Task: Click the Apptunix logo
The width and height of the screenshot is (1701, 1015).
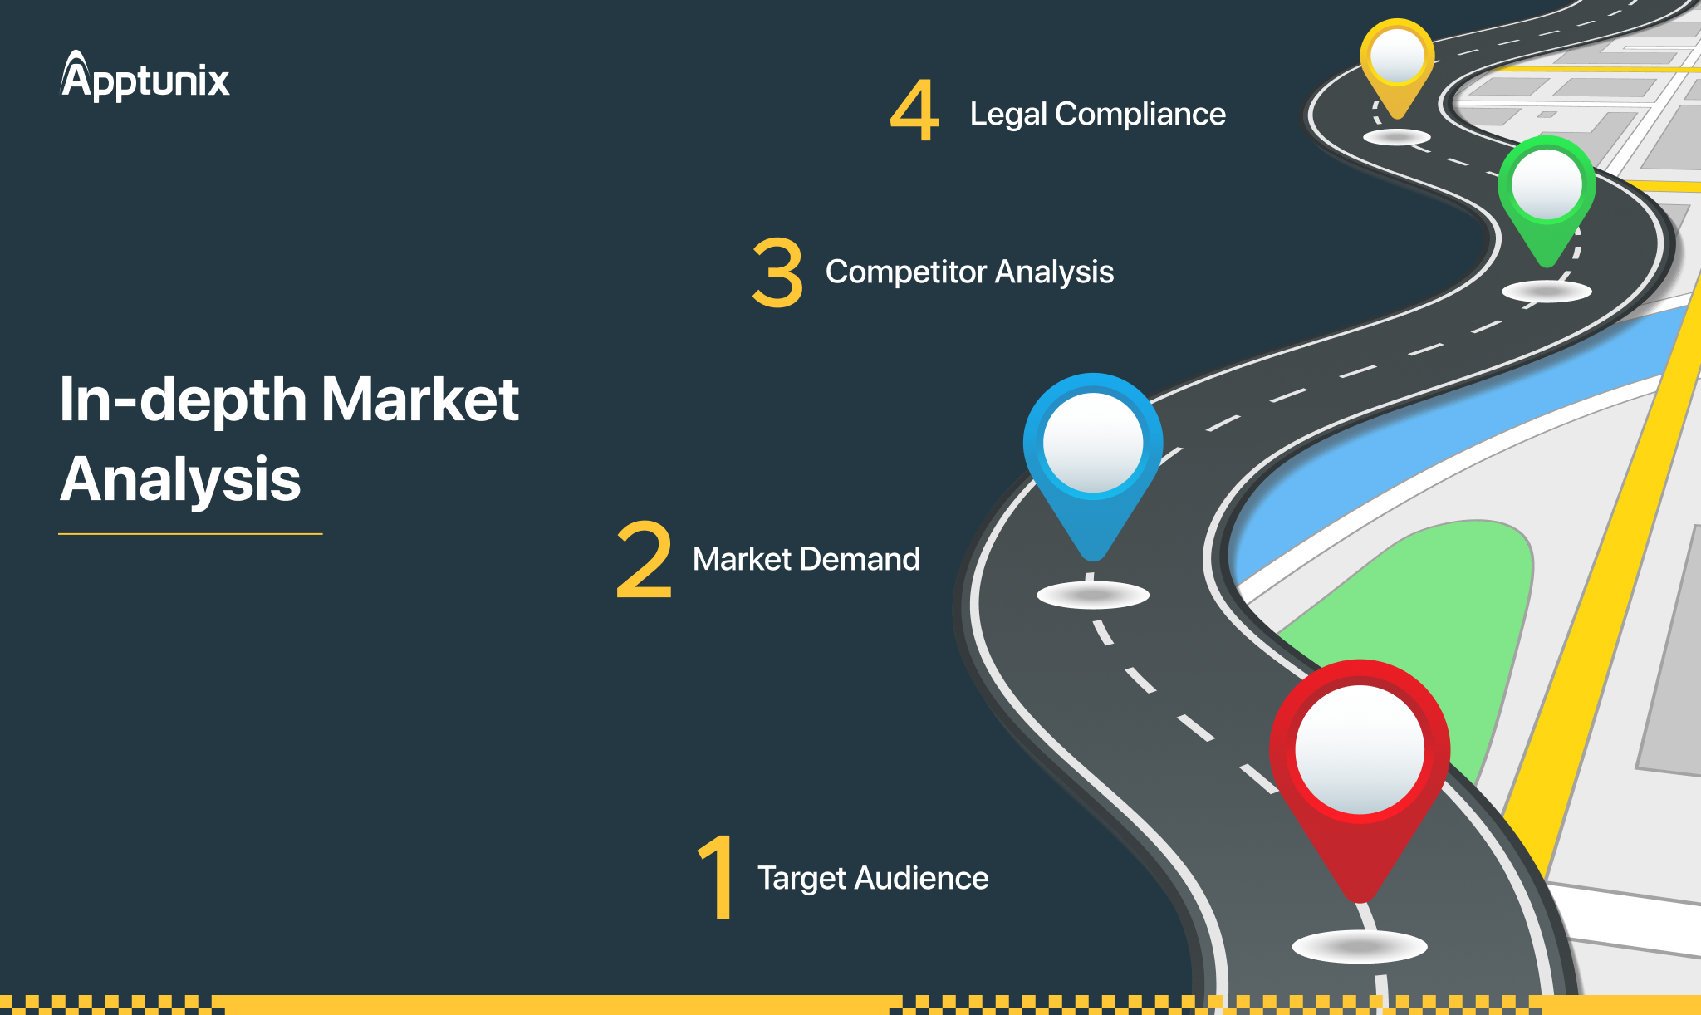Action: (x=145, y=76)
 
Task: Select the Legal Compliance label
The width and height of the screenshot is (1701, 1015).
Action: (x=1097, y=114)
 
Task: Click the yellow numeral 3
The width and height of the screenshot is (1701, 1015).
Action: (x=777, y=272)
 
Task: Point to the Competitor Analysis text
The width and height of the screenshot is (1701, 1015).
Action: (x=969, y=272)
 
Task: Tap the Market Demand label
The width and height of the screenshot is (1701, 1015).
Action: (x=806, y=559)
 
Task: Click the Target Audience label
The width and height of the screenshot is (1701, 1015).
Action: (x=873, y=878)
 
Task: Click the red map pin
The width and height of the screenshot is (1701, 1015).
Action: (x=1360, y=772)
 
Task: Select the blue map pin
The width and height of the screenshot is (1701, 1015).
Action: (x=1093, y=461)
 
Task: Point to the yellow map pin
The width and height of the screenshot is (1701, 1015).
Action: (x=1397, y=66)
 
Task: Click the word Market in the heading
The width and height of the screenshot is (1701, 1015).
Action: (x=420, y=400)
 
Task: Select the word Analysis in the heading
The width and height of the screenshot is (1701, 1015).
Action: (x=180, y=479)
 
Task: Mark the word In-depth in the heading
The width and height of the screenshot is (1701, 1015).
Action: (x=184, y=400)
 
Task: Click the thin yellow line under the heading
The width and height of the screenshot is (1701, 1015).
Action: (x=190, y=533)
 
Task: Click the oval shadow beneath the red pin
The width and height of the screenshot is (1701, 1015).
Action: (x=1360, y=946)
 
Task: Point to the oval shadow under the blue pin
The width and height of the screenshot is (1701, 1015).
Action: (x=1093, y=595)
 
